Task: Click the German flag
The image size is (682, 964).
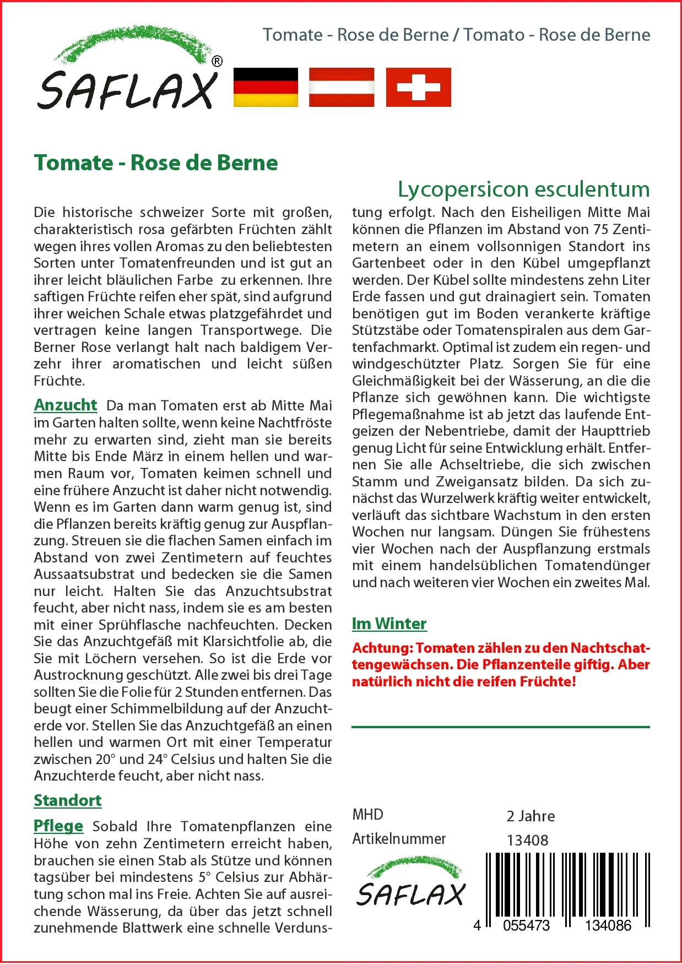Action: [x=266, y=87]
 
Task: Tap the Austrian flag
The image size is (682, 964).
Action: [x=342, y=87]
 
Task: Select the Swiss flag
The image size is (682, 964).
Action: [x=418, y=87]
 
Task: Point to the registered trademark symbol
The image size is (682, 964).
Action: [x=217, y=62]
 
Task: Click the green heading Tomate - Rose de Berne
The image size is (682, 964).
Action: [x=156, y=163]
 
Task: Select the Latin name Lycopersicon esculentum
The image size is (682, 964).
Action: [x=523, y=189]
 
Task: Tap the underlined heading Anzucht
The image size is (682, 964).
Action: [x=66, y=405]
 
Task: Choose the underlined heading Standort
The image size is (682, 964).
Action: [x=68, y=800]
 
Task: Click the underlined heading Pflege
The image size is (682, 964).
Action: [x=58, y=826]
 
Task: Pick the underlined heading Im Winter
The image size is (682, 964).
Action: [x=389, y=624]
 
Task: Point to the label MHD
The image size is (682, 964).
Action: [x=367, y=815]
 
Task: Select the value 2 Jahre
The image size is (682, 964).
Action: [x=531, y=816]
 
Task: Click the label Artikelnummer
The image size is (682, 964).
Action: [x=399, y=839]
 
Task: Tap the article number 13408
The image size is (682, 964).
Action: [x=527, y=841]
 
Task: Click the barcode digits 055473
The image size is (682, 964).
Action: [x=526, y=925]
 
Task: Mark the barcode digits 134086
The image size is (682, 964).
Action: [x=608, y=925]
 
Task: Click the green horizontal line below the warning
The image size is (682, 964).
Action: [x=500, y=727]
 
